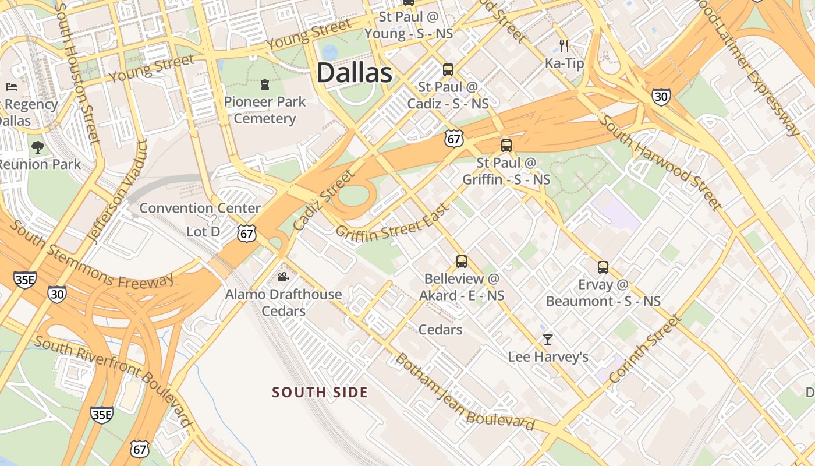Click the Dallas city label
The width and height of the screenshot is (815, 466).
pos(354,73)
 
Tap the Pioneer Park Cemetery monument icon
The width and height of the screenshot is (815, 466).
pos(265,85)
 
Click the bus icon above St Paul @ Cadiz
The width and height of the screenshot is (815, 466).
pos(448,70)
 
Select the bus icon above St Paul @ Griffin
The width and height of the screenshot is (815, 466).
pos(506,146)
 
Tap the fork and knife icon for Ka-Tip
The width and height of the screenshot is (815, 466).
pos(564,45)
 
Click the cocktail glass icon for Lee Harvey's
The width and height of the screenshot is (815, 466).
pos(548,339)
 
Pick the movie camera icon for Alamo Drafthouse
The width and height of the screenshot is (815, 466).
pos(283,277)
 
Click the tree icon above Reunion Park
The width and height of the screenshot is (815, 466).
pos(38,147)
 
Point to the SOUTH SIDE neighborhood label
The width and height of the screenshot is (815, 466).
pos(320,392)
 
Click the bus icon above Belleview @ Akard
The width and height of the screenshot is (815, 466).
pos(462,262)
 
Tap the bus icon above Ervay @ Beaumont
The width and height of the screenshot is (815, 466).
pos(603,267)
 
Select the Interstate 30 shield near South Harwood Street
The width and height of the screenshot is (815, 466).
pos(661,96)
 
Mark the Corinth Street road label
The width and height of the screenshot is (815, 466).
pos(645,349)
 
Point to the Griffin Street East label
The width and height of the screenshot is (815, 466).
pos(393,223)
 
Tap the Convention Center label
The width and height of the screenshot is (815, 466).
pos(200,208)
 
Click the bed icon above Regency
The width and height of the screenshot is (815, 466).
pos(11,87)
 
